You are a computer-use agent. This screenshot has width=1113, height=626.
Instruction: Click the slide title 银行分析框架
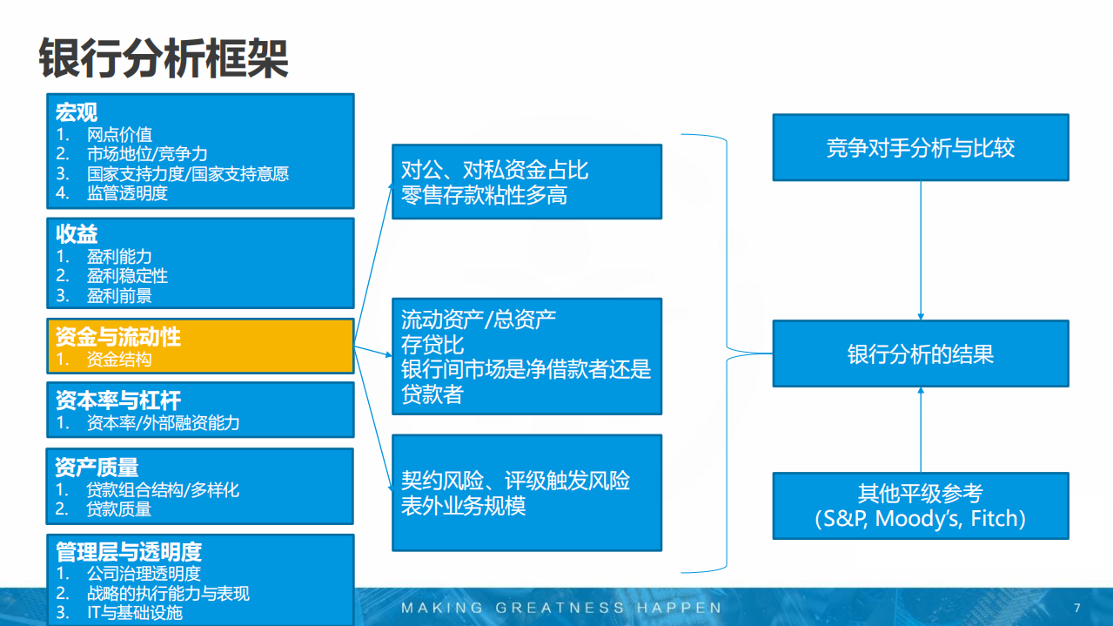click(x=164, y=58)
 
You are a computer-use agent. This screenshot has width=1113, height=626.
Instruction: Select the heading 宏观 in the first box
click(x=77, y=112)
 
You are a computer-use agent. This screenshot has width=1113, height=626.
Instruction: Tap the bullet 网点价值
click(x=119, y=134)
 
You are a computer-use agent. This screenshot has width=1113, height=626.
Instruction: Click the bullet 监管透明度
click(x=127, y=193)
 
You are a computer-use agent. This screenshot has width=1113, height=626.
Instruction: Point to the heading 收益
click(x=77, y=234)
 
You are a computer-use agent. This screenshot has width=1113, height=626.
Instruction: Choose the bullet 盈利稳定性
click(x=127, y=276)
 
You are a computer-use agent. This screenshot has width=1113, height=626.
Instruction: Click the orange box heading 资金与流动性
click(x=118, y=337)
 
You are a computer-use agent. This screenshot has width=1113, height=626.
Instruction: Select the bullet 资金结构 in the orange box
click(x=119, y=359)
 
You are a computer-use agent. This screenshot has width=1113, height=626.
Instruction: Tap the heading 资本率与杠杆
click(x=118, y=401)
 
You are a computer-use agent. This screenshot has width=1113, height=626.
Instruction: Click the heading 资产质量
click(x=97, y=468)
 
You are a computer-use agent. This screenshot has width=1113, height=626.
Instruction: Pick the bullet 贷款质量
click(x=119, y=509)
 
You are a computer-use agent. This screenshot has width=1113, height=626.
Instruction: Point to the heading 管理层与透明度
click(x=129, y=552)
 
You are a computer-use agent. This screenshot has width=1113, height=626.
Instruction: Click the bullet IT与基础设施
click(x=135, y=613)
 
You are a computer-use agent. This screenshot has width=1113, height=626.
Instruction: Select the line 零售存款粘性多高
click(x=484, y=196)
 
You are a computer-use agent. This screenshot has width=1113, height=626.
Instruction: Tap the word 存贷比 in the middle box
click(x=432, y=345)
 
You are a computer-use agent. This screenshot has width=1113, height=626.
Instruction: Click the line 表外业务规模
click(x=463, y=506)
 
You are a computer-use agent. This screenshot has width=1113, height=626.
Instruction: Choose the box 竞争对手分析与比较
click(x=921, y=148)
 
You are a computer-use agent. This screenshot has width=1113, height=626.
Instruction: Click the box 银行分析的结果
click(x=921, y=354)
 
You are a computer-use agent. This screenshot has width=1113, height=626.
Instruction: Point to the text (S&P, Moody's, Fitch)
click(x=921, y=520)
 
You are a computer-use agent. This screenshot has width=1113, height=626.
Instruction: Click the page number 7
click(x=1077, y=608)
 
